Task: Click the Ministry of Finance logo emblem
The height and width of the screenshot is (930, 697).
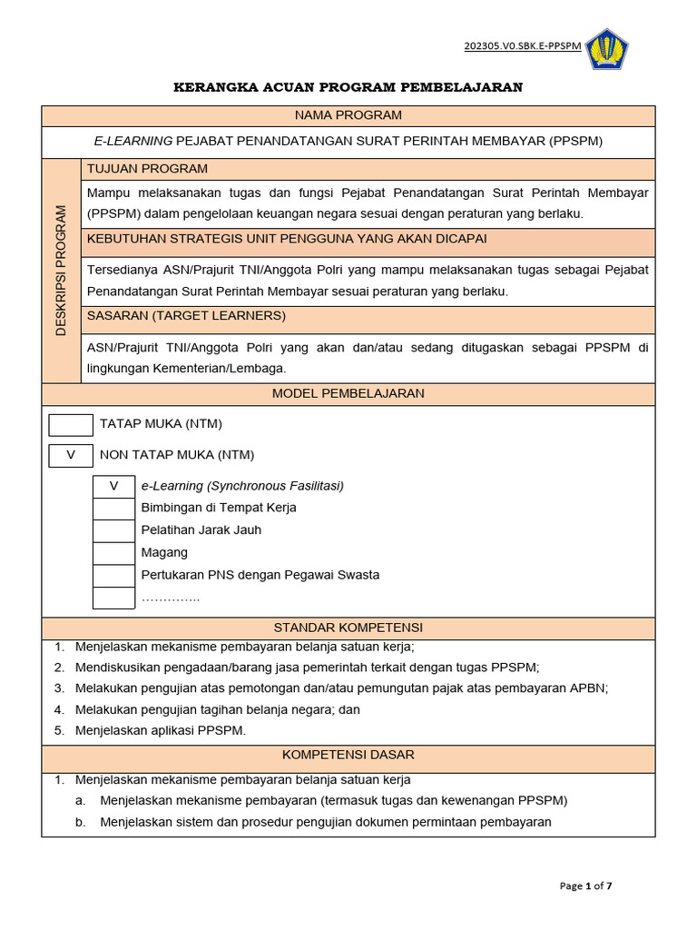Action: point(607,48)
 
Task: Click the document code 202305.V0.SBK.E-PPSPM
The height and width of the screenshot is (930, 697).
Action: point(523,46)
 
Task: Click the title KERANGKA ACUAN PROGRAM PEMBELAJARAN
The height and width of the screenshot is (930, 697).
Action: point(348,87)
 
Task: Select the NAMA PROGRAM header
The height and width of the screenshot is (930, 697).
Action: point(348,115)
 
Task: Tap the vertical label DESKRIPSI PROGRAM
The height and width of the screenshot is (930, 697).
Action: point(61,271)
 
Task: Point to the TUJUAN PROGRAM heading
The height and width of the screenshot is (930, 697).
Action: point(147,168)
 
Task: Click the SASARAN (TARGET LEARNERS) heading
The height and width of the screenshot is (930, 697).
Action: point(186,315)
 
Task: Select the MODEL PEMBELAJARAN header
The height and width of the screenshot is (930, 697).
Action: point(348,393)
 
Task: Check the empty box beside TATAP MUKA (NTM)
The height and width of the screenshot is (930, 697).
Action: point(71,424)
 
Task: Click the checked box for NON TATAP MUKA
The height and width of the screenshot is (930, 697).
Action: point(71,455)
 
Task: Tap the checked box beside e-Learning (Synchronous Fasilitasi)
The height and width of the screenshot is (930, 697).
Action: point(114,486)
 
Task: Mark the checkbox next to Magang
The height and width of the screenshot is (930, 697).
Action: point(114,553)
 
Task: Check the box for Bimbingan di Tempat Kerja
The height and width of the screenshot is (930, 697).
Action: point(114,508)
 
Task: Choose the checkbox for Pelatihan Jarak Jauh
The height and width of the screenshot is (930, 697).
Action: point(114,530)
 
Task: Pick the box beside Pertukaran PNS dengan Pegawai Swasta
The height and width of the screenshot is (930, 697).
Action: point(114,576)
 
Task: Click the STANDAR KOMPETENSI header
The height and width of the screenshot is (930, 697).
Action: point(348,628)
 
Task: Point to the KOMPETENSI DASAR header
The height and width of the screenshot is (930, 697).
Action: point(348,755)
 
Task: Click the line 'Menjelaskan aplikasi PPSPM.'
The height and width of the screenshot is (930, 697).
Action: point(161,730)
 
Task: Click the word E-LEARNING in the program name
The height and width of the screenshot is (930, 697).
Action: point(133,142)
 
